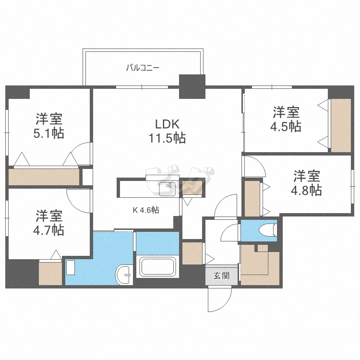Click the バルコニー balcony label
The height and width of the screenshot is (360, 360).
[x=143, y=68]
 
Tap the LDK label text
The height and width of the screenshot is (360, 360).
[x=167, y=124]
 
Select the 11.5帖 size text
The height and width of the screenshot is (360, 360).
[x=167, y=138]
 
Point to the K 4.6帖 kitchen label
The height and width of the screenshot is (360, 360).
[x=146, y=210]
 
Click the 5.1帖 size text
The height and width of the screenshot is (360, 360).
[x=48, y=133]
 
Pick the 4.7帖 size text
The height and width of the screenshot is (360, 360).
[x=48, y=230]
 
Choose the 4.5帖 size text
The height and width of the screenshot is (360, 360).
[x=286, y=126]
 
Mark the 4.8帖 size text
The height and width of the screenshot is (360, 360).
[x=306, y=190]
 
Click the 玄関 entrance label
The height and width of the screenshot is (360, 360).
[x=222, y=276]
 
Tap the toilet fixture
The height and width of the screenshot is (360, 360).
[x=267, y=230]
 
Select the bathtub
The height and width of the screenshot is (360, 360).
[x=158, y=266]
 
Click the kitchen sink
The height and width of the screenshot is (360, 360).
[x=168, y=189]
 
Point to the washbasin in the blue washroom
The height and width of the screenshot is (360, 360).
[x=124, y=275]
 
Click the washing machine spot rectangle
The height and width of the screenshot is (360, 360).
[x=71, y=267]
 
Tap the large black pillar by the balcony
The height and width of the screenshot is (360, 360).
[x=192, y=86]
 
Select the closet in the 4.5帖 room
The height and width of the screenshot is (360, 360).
[x=341, y=125]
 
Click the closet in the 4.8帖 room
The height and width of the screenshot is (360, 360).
[x=252, y=198]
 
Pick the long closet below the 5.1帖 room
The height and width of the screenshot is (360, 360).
[x=44, y=177]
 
